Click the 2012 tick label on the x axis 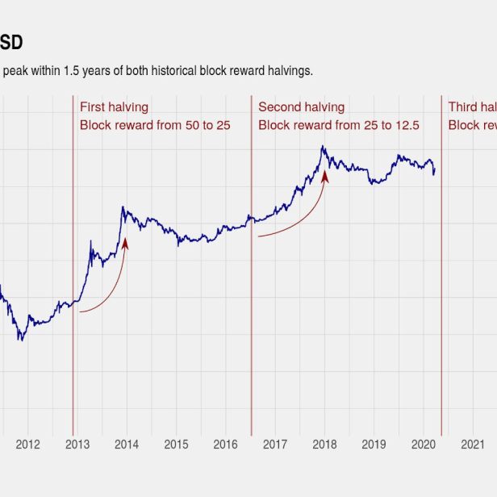[27, 444]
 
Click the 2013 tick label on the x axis [77, 444]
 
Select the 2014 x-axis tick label [127, 444]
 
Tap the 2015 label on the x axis [176, 444]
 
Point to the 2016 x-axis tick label [225, 444]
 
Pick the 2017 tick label [275, 444]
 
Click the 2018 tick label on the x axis [324, 444]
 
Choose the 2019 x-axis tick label [374, 444]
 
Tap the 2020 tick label [424, 444]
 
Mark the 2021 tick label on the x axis [473, 444]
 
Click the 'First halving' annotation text [114, 107]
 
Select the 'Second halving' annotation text [301, 107]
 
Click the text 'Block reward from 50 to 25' [155, 125]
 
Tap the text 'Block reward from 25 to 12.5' [339, 125]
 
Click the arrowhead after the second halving [325, 175]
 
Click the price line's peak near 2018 [323, 147]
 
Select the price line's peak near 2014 [123, 207]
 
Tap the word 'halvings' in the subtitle [289, 71]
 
